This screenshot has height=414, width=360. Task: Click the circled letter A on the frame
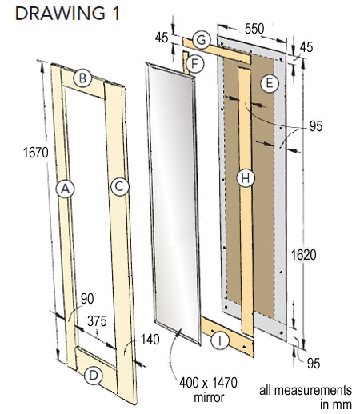[x=65, y=189]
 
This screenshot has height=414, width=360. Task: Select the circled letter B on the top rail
[x=82, y=78]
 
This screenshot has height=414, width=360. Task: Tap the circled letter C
[x=119, y=186]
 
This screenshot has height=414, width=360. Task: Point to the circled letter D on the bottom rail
[x=94, y=374]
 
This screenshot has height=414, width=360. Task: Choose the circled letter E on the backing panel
[x=270, y=82]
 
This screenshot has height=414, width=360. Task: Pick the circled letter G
[x=203, y=38]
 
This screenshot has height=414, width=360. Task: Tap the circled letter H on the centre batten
[x=246, y=178]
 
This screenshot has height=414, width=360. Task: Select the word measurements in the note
[x=306, y=390]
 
